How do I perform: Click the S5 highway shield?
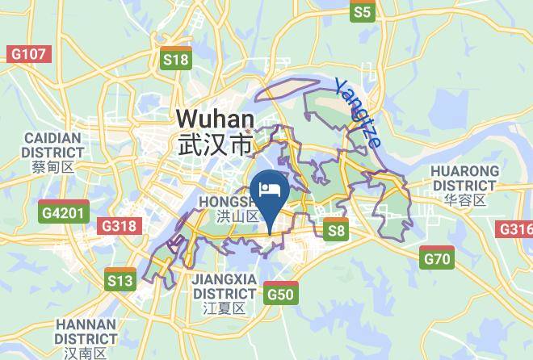coord(363,11)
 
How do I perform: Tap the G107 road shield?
coord(27,54)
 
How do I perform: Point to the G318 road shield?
coord(118,226)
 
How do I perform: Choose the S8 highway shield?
coord(336,230)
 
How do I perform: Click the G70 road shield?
coord(437,258)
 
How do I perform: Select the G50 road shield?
coord(280,293)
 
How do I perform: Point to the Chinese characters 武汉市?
coord(215,144)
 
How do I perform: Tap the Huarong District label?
coord(464,178)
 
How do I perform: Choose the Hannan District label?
coord(86,331)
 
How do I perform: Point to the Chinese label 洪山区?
coord(237,216)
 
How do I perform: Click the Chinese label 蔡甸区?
coord(52,168)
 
